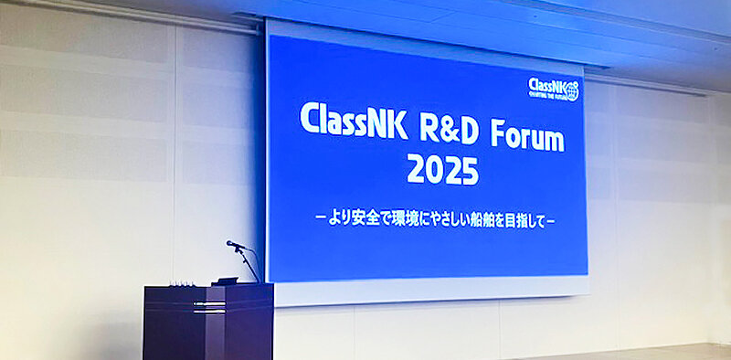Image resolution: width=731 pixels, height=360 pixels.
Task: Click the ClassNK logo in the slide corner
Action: [553, 89]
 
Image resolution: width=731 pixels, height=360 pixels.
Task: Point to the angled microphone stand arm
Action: [248, 262]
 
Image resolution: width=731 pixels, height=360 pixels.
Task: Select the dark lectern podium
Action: [207, 322]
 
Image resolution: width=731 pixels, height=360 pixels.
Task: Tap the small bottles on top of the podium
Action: [184, 283]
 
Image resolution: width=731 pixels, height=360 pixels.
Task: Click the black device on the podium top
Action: [225, 281]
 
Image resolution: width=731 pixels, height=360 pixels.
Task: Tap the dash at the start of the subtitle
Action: [317, 219]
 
